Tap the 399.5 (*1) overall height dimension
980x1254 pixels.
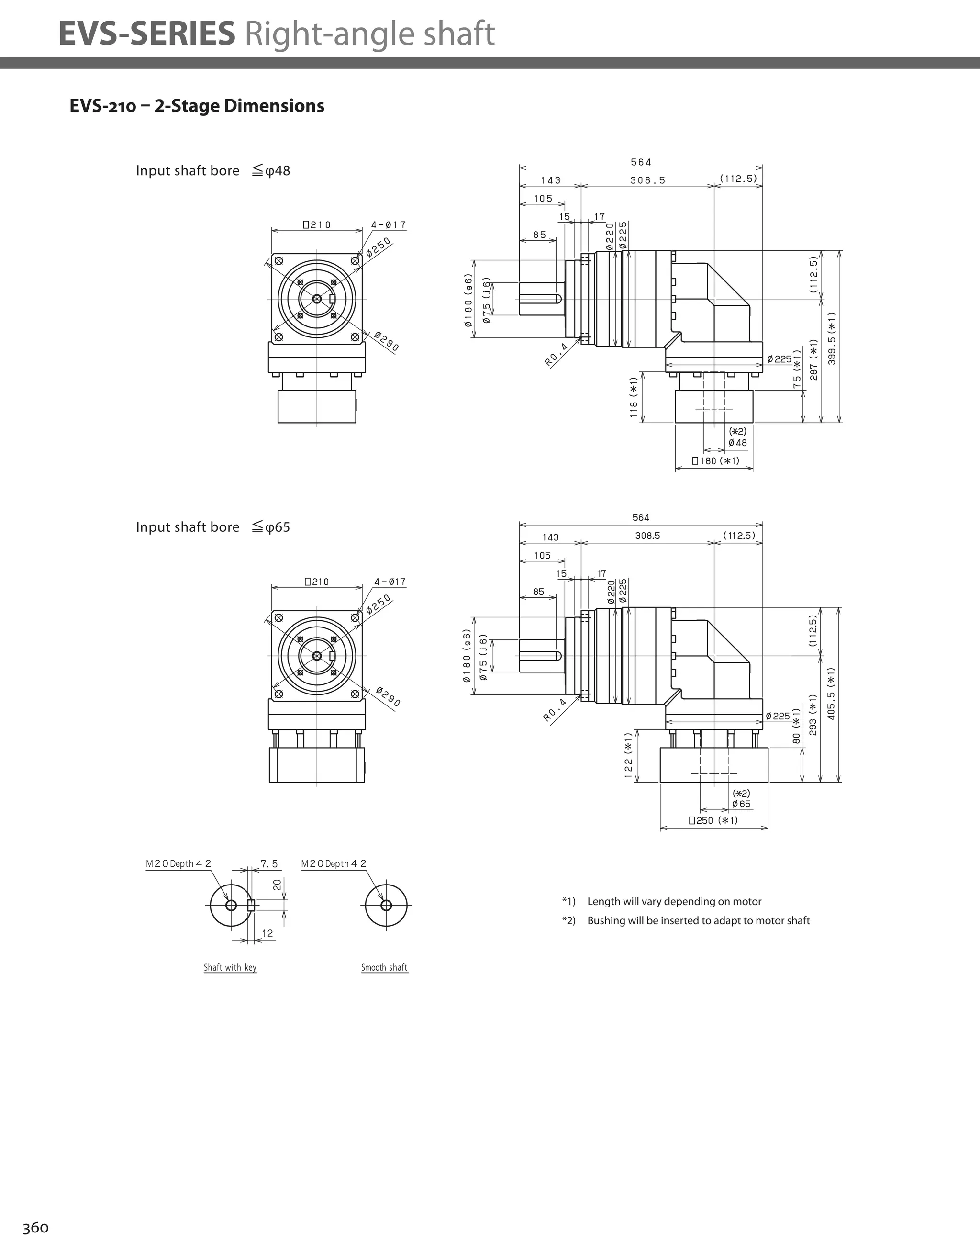(x=832, y=338)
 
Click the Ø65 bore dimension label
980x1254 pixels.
(x=741, y=804)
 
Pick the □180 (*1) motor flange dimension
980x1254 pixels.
(x=715, y=460)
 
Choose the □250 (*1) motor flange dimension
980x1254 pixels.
(x=713, y=820)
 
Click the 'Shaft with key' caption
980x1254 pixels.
(x=230, y=967)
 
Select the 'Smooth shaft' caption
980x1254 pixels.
(x=384, y=967)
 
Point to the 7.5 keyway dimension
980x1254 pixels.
(x=268, y=863)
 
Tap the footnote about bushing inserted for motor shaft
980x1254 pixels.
(x=698, y=920)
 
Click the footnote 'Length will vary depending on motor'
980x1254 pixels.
(x=674, y=901)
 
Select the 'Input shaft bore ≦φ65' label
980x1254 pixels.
(x=212, y=527)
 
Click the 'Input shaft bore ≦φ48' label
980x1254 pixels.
(x=212, y=170)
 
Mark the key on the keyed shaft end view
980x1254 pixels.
(x=251, y=906)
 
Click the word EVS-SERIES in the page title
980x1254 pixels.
(x=146, y=34)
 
